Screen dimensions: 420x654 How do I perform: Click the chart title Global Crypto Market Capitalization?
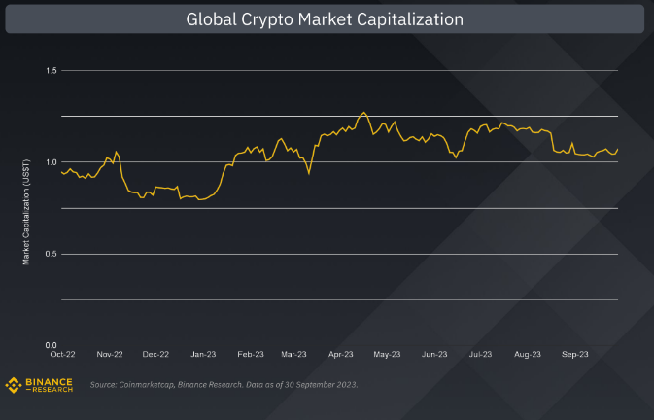coord(325,19)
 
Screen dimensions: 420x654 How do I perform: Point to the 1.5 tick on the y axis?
coord(52,71)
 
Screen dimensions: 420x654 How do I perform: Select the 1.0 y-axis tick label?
coord(52,162)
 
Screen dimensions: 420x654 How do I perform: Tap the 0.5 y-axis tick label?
coord(52,254)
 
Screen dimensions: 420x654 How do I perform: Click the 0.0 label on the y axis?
coord(52,345)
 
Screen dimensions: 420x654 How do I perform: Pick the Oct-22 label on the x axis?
coord(62,355)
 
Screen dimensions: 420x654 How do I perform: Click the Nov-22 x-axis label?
coord(110,355)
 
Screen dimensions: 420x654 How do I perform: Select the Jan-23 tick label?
coord(203,355)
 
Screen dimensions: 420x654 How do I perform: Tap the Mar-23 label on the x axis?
coord(294,355)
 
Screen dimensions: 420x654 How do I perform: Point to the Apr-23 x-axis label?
coord(341,355)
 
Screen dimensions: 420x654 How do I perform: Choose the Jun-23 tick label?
coord(434,355)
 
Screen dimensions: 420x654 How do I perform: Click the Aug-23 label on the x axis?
coord(527,355)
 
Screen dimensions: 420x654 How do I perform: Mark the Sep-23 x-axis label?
coord(573,355)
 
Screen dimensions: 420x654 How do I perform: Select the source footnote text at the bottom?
coord(224,385)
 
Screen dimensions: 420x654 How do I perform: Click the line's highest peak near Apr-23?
coord(363,112)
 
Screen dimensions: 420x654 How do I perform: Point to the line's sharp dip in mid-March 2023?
coord(309,174)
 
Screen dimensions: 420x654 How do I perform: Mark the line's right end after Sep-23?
coord(618,148)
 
